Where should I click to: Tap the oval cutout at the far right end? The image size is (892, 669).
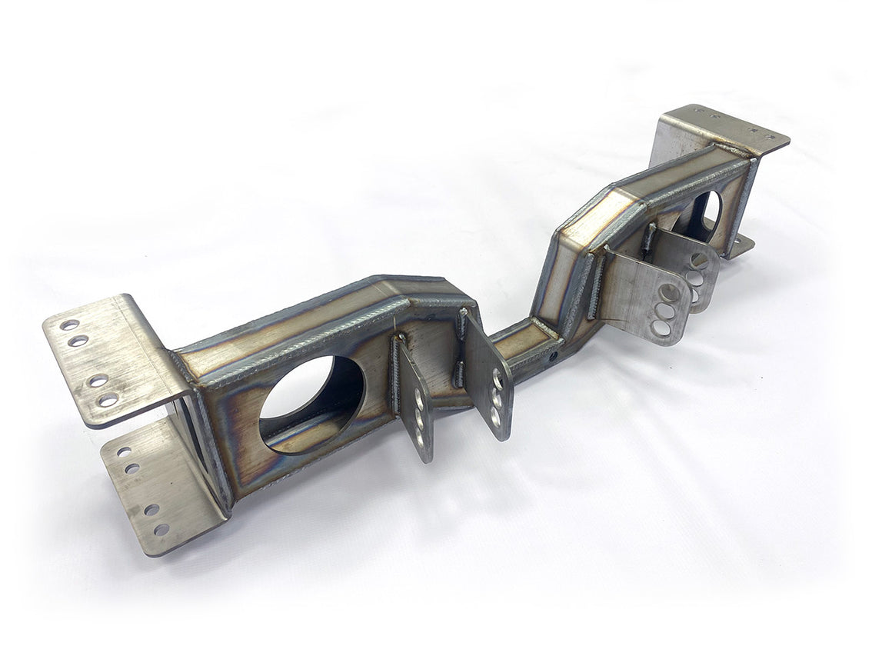click(707, 215)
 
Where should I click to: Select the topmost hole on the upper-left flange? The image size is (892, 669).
click(70, 325)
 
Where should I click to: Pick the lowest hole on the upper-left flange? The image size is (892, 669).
click(108, 399)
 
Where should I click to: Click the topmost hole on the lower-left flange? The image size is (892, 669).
click(124, 452)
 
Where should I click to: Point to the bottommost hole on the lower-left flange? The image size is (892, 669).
click(161, 529)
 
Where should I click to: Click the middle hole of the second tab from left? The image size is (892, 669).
click(497, 400)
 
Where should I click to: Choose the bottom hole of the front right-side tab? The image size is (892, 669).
click(660, 328)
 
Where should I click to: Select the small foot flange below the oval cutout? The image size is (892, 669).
click(740, 246)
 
